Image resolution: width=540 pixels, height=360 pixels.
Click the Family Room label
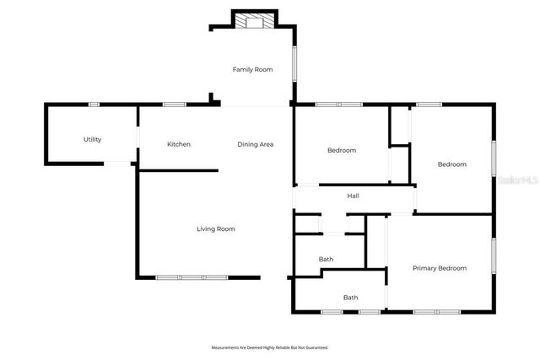pos(253,69)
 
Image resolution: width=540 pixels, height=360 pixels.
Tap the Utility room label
pos(92,139)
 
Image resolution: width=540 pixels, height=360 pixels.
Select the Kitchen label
pos(179,144)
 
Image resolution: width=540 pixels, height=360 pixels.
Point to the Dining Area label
pos(255,144)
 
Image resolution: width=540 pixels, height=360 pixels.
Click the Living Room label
pos(216,228)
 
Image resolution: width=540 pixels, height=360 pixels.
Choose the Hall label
pos(354,196)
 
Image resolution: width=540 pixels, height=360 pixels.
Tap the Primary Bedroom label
pos(439,268)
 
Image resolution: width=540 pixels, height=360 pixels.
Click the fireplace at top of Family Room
pos(253,21)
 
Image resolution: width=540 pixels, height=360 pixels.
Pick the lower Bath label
pos(350,297)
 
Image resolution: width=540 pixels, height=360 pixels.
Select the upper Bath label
pos(326,259)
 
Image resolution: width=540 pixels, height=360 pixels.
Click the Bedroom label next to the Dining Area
pos(342,150)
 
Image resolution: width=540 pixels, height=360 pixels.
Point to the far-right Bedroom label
pos(451,164)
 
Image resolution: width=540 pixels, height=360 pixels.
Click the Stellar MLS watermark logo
pos(517,180)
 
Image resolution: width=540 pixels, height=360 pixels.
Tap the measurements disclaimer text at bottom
pos(269,347)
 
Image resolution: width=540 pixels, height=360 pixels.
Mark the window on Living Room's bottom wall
pos(192,277)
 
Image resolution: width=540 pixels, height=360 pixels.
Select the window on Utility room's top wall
pos(94,105)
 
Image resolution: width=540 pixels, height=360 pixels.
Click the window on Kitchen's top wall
pos(175,105)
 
